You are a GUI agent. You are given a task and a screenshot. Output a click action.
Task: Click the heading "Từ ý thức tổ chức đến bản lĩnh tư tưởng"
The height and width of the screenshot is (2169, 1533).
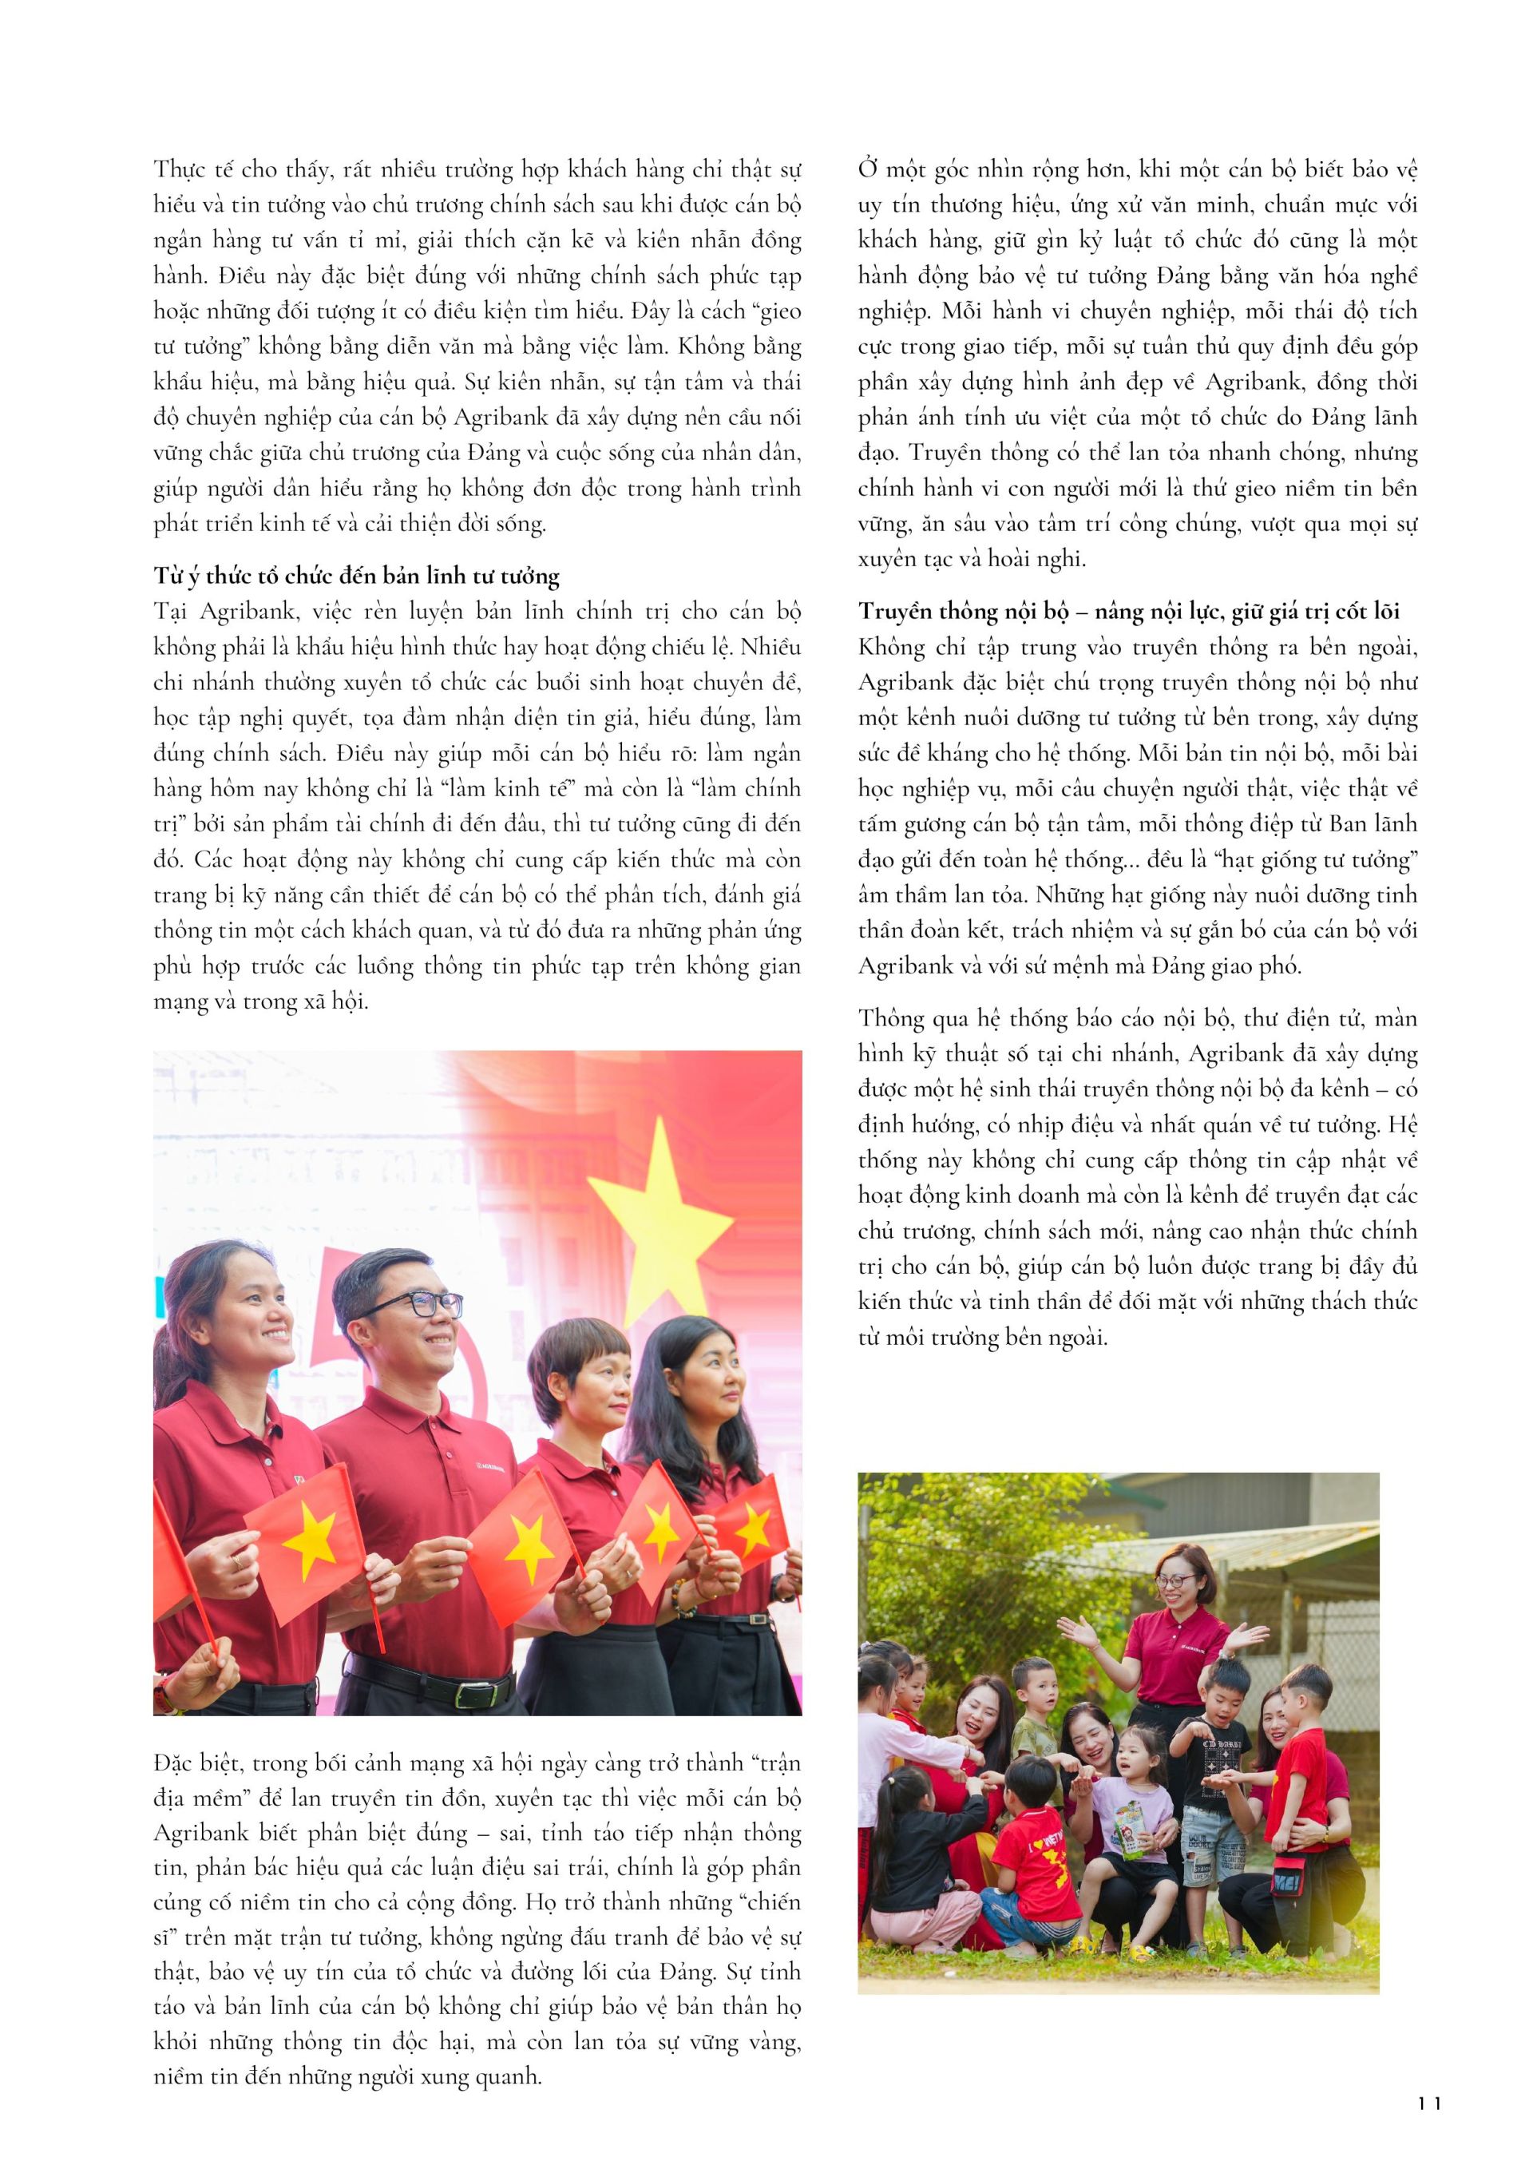coord(356,577)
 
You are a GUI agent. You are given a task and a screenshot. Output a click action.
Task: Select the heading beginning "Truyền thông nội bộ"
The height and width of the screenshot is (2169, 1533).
coord(1129,613)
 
